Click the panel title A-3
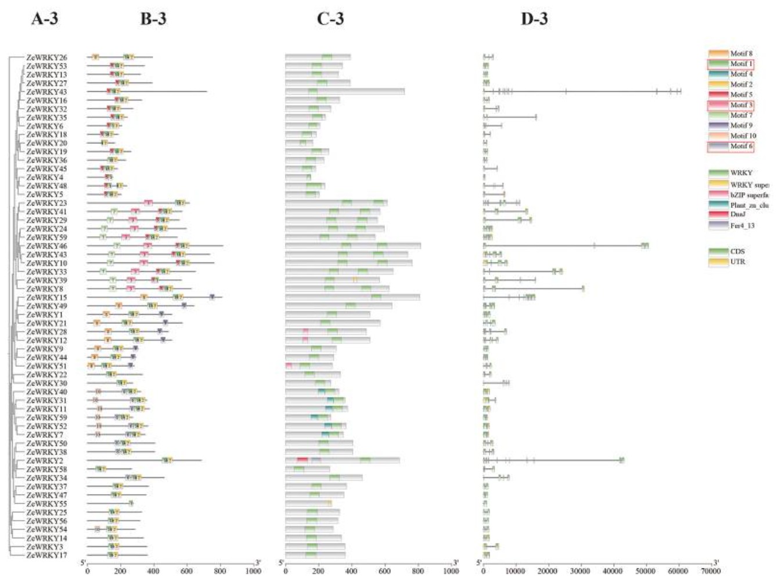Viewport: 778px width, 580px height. pos(44,19)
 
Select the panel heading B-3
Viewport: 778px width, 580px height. pos(153,19)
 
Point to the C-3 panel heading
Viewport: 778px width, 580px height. pos(330,19)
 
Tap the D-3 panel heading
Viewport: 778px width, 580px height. pos(534,19)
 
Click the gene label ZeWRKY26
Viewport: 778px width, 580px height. pos(46,57)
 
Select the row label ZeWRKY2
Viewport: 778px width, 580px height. pos(44,460)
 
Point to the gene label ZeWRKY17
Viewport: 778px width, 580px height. pos(46,555)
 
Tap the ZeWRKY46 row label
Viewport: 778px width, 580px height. pos(46,246)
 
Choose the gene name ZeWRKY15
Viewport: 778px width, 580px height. pos(46,297)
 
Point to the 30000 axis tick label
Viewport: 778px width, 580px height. pos(581,571)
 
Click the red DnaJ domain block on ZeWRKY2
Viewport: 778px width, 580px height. pos(302,460)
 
